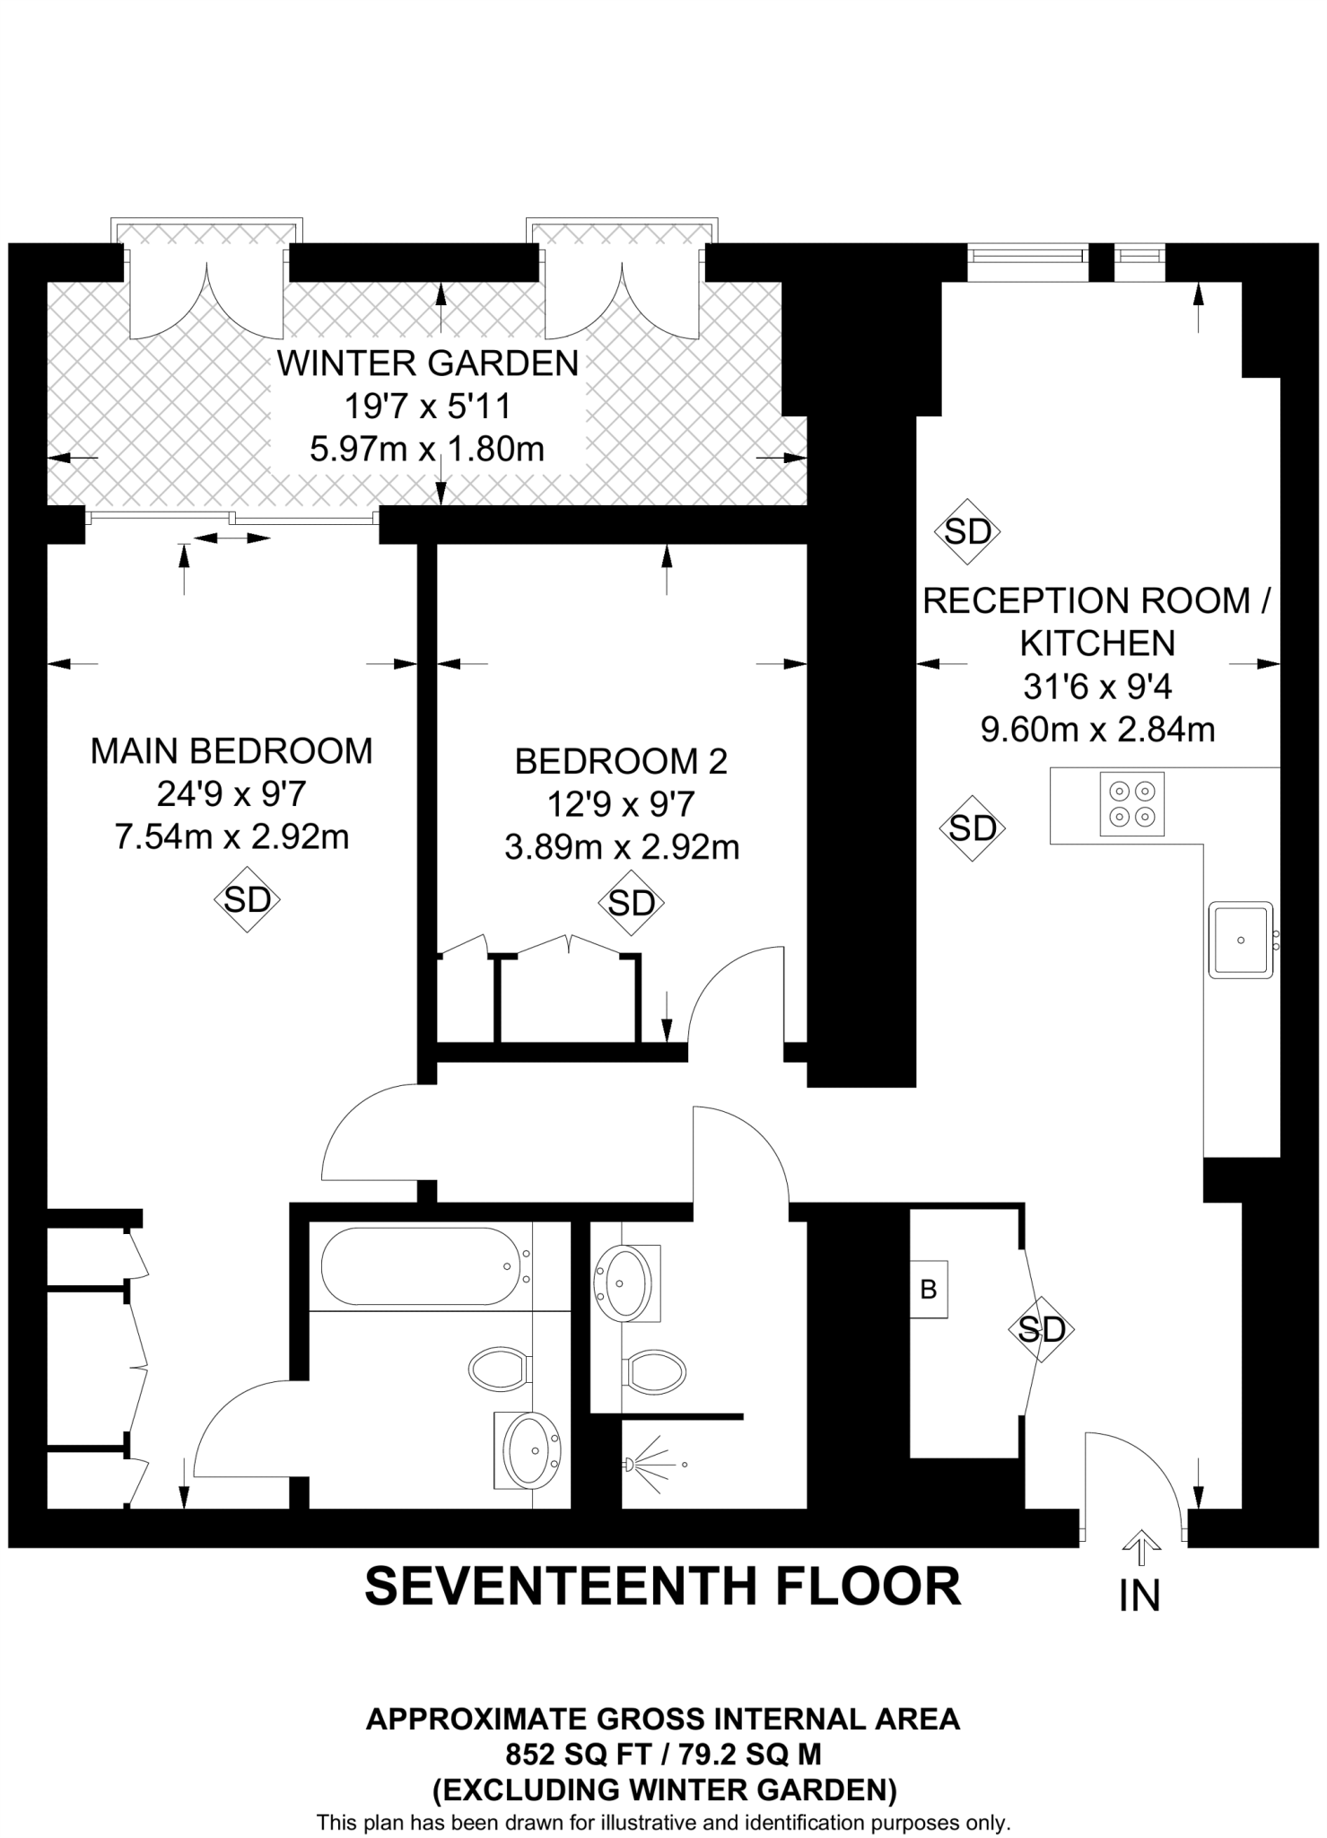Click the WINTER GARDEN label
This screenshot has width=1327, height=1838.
point(428,363)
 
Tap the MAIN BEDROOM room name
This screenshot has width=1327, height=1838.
point(231,751)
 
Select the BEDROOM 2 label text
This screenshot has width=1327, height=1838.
point(621,761)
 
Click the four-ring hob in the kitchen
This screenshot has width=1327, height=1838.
point(1131,804)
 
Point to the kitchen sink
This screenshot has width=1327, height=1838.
point(1241,940)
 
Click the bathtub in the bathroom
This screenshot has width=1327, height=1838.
point(419,1266)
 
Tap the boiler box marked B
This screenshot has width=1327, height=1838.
point(929,1290)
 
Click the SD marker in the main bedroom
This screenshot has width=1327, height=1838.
point(247,898)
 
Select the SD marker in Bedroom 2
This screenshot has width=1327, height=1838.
point(631,903)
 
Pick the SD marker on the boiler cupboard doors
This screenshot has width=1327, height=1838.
point(1041,1329)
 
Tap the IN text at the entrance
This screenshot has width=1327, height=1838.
point(1139,1596)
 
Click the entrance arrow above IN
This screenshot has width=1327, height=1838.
point(1140,1545)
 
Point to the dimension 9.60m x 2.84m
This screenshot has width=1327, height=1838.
point(1097,730)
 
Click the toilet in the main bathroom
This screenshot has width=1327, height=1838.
point(498,1369)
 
